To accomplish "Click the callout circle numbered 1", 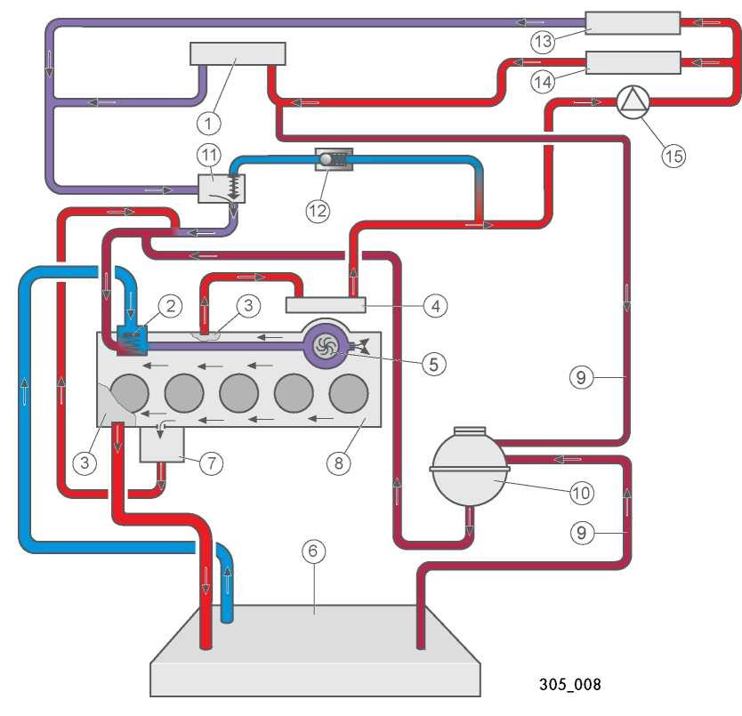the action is tap(209, 124).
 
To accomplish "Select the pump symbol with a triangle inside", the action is tap(633, 101).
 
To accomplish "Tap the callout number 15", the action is tap(673, 156).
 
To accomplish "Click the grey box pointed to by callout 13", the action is tap(633, 23).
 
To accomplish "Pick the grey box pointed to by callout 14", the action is tap(633, 62).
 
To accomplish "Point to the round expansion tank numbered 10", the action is tap(470, 466).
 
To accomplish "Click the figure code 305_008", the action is tap(569, 684).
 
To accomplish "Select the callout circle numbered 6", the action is tap(313, 551).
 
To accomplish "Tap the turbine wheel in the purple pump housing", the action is tap(327, 344).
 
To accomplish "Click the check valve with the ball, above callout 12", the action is tap(334, 159).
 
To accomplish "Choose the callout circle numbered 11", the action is tap(209, 156).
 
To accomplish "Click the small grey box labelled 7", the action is tap(162, 445).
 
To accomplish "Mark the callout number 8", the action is tap(339, 463).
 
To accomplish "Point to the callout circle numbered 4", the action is tap(435, 306).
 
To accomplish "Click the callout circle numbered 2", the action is tap(170, 306).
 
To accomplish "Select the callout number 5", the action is tap(433, 365).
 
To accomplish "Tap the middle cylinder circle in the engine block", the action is tap(239, 393).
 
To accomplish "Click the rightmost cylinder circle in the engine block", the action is tap(349, 393).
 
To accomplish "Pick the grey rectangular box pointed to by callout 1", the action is tap(238, 54).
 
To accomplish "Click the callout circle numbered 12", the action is tap(318, 211).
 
